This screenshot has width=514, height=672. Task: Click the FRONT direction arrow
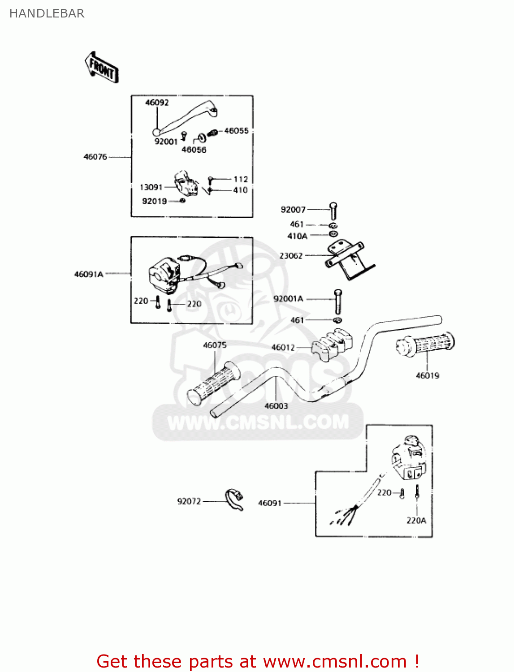click(102, 68)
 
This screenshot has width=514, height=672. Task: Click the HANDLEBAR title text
click(47, 13)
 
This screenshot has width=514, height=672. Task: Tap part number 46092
click(157, 103)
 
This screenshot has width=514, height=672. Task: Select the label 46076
click(95, 157)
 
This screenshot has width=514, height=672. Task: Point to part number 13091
click(151, 187)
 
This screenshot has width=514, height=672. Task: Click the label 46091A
click(89, 274)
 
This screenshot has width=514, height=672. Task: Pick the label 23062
click(291, 256)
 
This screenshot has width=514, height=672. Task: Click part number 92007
click(293, 210)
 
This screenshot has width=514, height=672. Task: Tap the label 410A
click(297, 236)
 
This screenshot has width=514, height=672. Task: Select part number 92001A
click(288, 299)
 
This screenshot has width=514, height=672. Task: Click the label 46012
click(283, 347)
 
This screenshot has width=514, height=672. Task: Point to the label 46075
click(215, 345)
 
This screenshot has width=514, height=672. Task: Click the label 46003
click(276, 406)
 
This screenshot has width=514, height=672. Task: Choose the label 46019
click(428, 375)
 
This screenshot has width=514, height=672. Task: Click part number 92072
click(189, 501)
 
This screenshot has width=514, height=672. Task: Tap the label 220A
click(416, 521)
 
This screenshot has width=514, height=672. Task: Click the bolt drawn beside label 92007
click(333, 211)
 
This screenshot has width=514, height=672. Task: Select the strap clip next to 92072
click(234, 500)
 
